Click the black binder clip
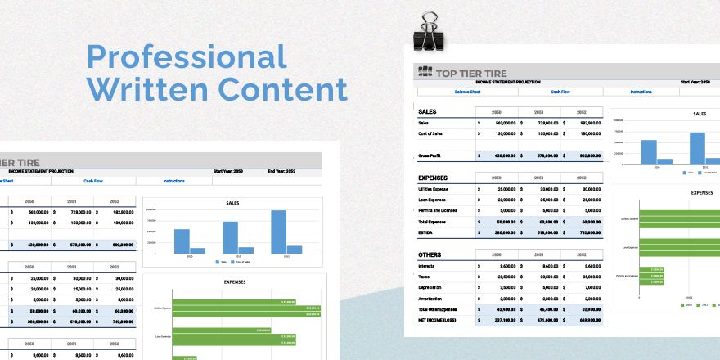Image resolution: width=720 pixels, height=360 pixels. pos(428,34)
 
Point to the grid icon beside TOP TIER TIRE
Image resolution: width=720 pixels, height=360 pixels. pos(424,72)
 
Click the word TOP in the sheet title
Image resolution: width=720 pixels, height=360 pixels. pos(448,73)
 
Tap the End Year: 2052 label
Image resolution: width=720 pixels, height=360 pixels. pos(282,171)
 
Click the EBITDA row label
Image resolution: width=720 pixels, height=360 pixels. pos(427,232)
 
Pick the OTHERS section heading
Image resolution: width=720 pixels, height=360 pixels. pos(430,254)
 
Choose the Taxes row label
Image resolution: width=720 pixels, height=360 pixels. pos(426,277)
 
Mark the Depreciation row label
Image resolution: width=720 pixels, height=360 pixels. pos(433,288)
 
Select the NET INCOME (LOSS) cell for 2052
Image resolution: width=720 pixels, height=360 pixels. pos(590,320)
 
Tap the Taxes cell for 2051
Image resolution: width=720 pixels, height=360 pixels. pos(547,277)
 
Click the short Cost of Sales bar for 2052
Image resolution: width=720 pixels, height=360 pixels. pos(295,249)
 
